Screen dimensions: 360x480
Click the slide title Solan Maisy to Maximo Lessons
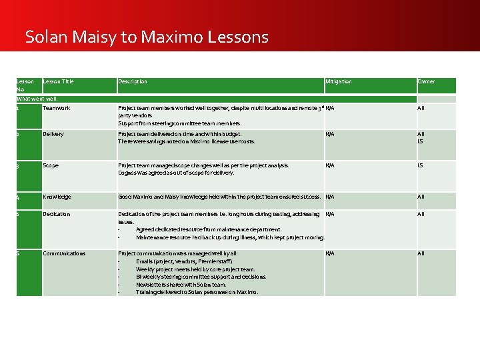(x=147, y=37)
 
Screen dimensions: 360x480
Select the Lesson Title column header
(x=58, y=81)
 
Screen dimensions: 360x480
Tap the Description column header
(x=133, y=81)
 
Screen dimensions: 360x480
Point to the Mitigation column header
(x=339, y=81)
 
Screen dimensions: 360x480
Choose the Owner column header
(x=426, y=81)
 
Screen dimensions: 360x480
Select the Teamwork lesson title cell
(x=56, y=107)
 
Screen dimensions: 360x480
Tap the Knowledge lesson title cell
(x=57, y=197)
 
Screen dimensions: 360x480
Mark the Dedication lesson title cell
(x=57, y=214)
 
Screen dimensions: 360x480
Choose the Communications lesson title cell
(x=64, y=253)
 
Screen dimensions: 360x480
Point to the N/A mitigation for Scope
(x=330, y=165)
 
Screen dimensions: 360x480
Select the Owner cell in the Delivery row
(x=421, y=137)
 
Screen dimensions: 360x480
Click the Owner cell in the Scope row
(x=420, y=165)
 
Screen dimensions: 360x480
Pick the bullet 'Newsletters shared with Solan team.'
(x=181, y=284)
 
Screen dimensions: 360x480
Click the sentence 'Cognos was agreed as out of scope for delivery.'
(x=176, y=173)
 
